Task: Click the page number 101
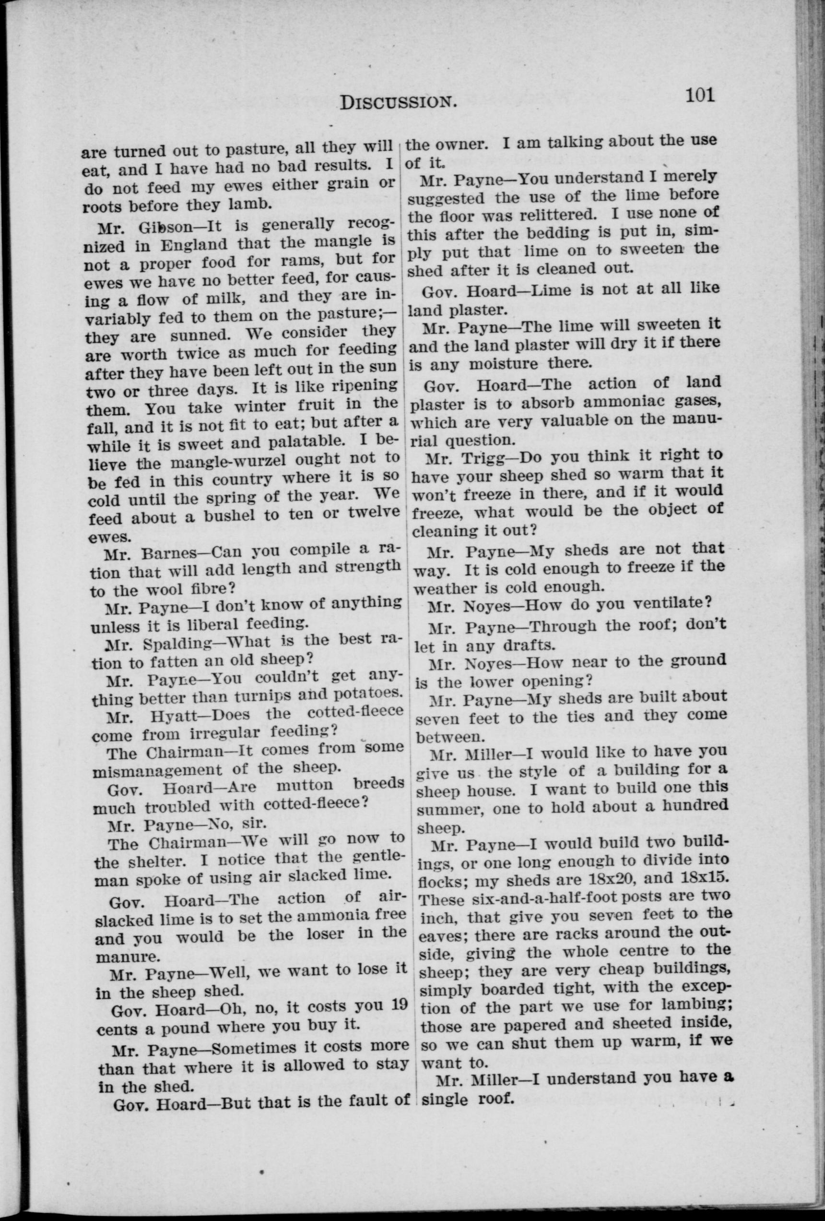click(699, 96)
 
